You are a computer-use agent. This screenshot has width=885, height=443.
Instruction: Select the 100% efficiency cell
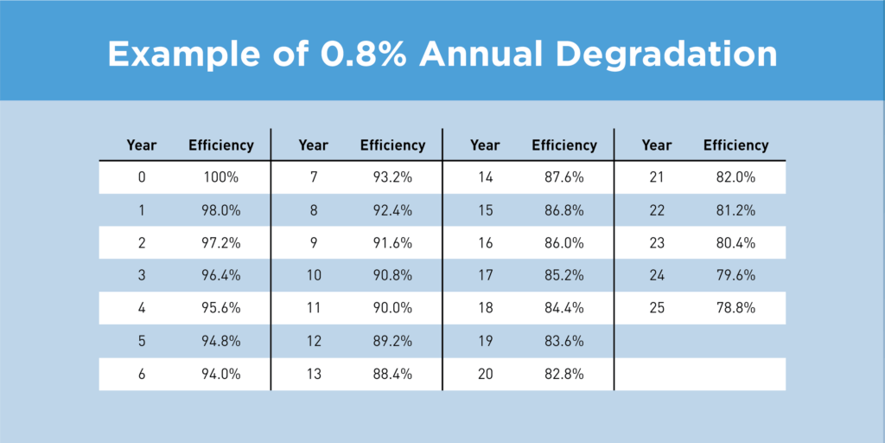(x=221, y=177)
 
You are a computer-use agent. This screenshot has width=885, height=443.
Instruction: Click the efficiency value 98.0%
(x=221, y=210)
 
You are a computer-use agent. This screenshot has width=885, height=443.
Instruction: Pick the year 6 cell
(x=142, y=374)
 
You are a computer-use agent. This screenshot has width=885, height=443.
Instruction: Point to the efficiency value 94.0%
(x=221, y=374)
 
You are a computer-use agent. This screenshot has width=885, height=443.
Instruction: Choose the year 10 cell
(x=313, y=276)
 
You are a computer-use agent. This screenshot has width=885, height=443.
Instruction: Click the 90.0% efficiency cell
(x=392, y=309)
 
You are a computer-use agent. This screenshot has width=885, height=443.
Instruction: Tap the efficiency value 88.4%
(x=392, y=374)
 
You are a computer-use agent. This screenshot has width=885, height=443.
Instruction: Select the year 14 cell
(x=485, y=177)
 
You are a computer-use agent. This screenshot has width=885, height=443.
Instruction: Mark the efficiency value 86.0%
(x=564, y=243)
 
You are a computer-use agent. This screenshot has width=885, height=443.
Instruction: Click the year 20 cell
(x=485, y=374)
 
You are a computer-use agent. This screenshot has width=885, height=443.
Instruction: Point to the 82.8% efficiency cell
(x=564, y=374)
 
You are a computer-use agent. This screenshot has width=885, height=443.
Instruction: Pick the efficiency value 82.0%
(x=735, y=177)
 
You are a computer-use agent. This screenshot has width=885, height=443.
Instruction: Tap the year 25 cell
(x=657, y=309)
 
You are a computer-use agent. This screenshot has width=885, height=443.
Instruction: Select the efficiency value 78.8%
(x=735, y=309)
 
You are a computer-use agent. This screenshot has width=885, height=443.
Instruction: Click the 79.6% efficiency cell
(x=735, y=276)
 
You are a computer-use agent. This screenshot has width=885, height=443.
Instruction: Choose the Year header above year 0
(x=142, y=145)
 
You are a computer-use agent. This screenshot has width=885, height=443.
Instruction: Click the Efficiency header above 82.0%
(x=735, y=145)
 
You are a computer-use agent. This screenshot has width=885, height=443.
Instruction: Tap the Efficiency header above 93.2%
(x=392, y=145)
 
